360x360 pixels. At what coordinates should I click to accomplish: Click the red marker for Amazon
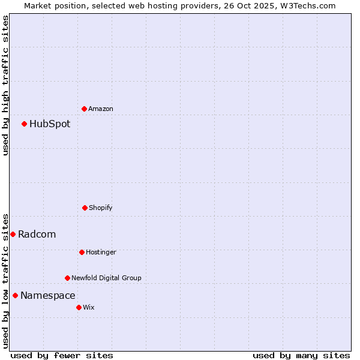[x=84, y=109]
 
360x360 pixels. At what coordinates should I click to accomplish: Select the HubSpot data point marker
[x=24, y=124]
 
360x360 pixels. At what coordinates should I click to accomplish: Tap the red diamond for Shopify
[x=85, y=208]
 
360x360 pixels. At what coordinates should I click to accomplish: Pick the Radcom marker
[x=13, y=234]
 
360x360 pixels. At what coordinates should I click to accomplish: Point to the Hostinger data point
[x=82, y=252]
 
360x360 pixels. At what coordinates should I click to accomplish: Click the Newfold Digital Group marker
[x=67, y=278]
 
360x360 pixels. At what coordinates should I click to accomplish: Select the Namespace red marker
[x=15, y=295]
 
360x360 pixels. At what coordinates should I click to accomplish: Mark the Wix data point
[x=79, y=307]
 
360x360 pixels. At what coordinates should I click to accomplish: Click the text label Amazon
[x=101, y=109]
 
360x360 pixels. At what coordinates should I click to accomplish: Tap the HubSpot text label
[x=50, y=124]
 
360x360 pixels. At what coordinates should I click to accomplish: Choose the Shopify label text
[x=101, y=208]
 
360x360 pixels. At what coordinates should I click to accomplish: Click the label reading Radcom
[x=37, y=234]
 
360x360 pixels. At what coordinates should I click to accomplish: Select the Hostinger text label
[x=101, y=252]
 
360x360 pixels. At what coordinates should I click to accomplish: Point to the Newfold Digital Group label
[x=107, y=278]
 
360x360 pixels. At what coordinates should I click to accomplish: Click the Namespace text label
[x=48, y=295]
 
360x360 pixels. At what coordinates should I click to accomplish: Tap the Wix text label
[x=89, y=307]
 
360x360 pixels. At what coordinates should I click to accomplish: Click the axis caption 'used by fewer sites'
[x=62, y=355]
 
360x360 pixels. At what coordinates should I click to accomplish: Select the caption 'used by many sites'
[x=301, y=355]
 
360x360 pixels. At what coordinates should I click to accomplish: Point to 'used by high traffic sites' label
[x=5, y=85]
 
